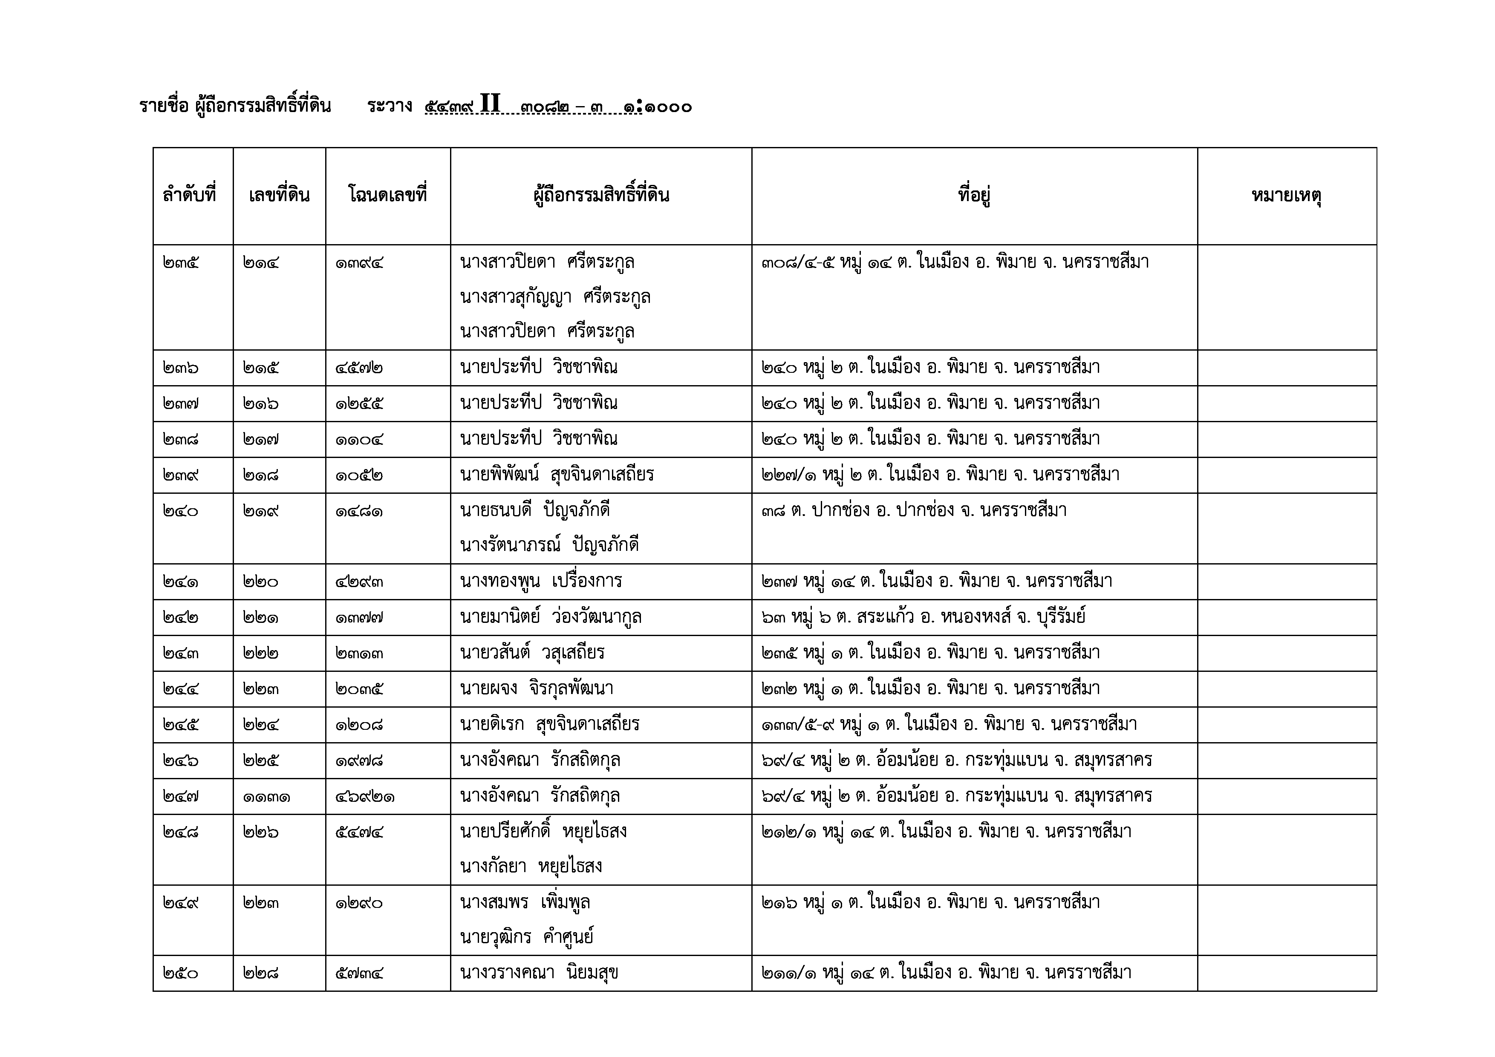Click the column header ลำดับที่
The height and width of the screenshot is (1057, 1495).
[x=190, y=195]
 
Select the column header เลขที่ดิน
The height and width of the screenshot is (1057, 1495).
[x=279, y=195]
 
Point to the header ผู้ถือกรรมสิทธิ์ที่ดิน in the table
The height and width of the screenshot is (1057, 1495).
[x=600, y=195]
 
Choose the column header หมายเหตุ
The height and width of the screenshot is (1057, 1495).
[x=1286, y=195]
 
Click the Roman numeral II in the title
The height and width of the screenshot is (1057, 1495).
[x=490, y=104]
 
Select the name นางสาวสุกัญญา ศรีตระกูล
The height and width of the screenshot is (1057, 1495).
[x=555, y=297]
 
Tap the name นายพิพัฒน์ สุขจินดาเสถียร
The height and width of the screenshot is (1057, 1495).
[x=557, y=475]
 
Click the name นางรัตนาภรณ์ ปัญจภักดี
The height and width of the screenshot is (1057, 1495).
[x=549, y=545]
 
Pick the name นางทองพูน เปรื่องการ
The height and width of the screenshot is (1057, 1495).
[x=540, y=581]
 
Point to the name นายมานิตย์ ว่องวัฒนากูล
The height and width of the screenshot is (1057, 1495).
[x=550, y=616]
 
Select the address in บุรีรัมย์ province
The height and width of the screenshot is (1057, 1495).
[x=924, y=616]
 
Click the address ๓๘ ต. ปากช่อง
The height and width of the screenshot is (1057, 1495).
[x=914, y=510]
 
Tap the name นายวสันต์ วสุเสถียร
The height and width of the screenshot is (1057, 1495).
[x=532, y=652]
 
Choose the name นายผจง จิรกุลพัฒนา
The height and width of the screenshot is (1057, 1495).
[x=537, y=688]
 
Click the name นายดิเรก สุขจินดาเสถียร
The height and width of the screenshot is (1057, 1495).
[x=550, y=724]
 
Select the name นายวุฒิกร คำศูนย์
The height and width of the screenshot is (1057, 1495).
[x=527, y=937]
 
